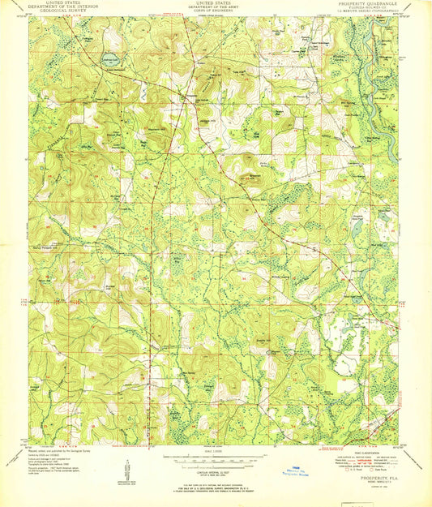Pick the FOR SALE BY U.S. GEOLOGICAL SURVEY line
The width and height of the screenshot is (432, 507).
(216, 486)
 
